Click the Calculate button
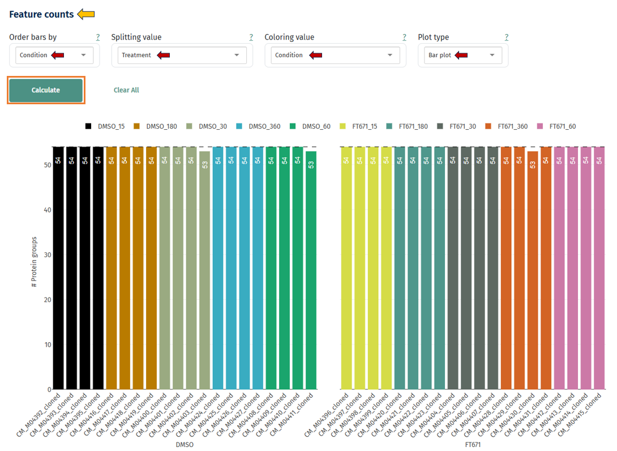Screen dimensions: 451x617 (x=46, y=90)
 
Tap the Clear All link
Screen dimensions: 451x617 (x=126, y=90)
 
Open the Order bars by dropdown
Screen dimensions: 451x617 (x=54, y=55)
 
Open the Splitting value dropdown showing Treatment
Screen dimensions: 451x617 (x=182, y=55)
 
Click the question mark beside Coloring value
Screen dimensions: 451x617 (x=404, y=37)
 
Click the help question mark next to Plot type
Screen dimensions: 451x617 (x=507, y=37)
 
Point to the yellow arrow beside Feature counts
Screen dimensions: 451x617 (x=86, y=14)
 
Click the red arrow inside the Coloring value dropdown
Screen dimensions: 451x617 (x=315, y=55)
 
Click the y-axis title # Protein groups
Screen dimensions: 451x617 (x=34, y=262)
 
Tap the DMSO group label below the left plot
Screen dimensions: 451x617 (x=185, y=445)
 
